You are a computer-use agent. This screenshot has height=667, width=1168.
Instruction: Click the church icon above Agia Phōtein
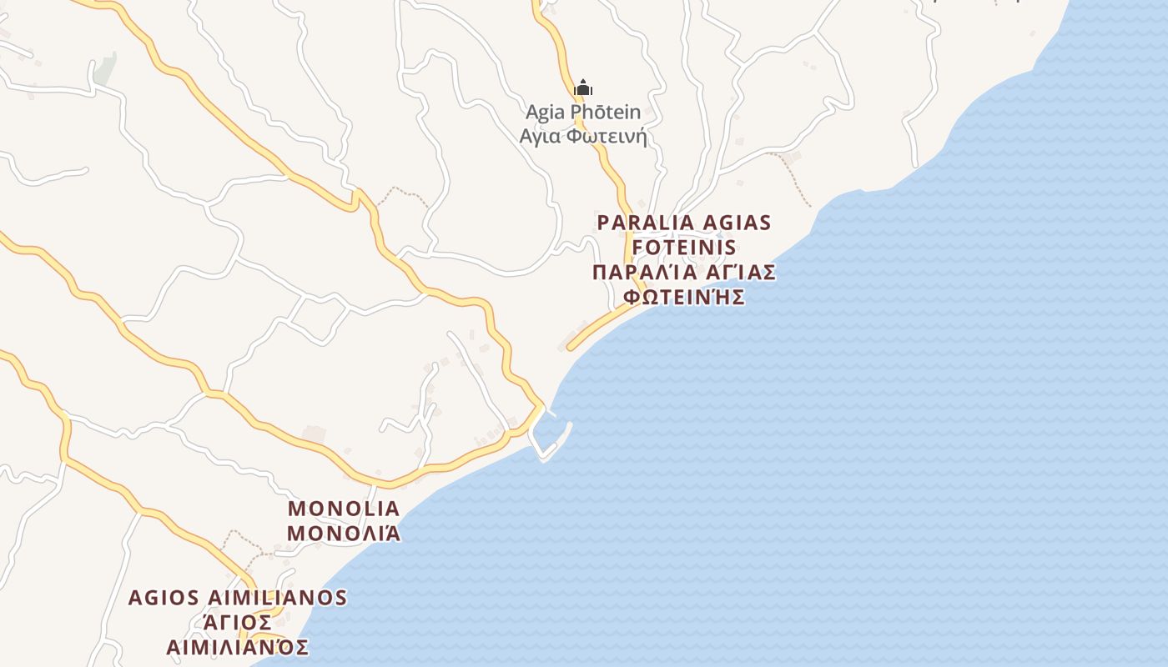pos(583,88)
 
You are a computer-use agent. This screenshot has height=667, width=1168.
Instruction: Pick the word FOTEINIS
pos(684,248)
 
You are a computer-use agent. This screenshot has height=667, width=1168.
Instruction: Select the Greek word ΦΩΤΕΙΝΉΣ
pos(684,298)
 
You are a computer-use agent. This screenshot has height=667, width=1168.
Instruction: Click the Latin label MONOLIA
pos(344,509)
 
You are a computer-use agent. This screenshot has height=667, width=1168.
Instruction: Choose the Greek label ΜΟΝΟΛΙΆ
pos(344,534)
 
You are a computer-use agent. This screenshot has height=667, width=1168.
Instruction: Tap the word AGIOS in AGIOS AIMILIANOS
pos(164,598)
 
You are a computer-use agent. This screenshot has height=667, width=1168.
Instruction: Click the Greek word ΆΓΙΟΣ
pos(238,623)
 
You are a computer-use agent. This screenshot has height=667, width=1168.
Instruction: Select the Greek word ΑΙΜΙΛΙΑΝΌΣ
pos(238,648)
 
